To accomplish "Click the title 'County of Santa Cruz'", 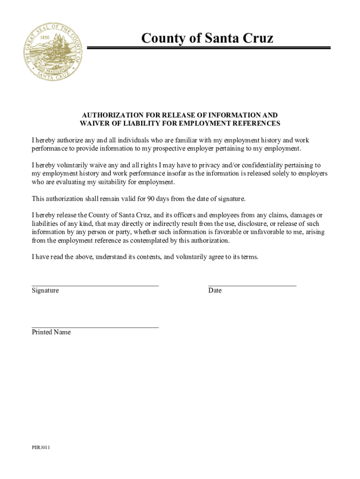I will [208, 37].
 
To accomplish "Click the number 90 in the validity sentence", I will [151, 199].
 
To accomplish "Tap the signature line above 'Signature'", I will [95, 284].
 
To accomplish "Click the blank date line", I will [252, 284].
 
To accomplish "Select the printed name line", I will [95, 327].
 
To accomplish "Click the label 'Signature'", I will [45, 290].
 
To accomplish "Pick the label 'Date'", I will [215, 290].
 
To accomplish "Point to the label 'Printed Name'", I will [51, 332].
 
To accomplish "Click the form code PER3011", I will [41, 448].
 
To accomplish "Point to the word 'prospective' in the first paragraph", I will [179, 149].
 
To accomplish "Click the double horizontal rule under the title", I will [209, 48].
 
